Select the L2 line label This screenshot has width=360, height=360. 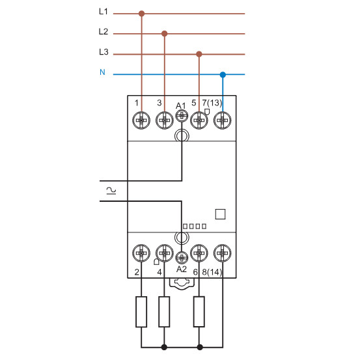click(103, 32)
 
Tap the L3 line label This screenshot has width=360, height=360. click(103, 53)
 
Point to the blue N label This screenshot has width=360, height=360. click(102, 72)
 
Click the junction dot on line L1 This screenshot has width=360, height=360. click(142, 12)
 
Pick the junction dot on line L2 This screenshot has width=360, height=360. click(164, 33)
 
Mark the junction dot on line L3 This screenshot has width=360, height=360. click(199, 54)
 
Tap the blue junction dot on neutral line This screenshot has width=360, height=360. click(223, 74)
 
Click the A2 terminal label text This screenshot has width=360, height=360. click(182, 268)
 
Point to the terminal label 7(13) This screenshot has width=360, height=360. click(212, 104)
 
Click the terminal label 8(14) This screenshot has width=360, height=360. click(212, 271)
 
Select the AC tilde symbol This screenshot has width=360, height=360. click(111, 190)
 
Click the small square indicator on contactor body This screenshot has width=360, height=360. click(220, 214)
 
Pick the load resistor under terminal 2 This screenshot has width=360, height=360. click(141, 312)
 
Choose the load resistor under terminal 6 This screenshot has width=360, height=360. click(199, 312)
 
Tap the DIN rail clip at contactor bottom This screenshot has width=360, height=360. click(182, 283)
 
